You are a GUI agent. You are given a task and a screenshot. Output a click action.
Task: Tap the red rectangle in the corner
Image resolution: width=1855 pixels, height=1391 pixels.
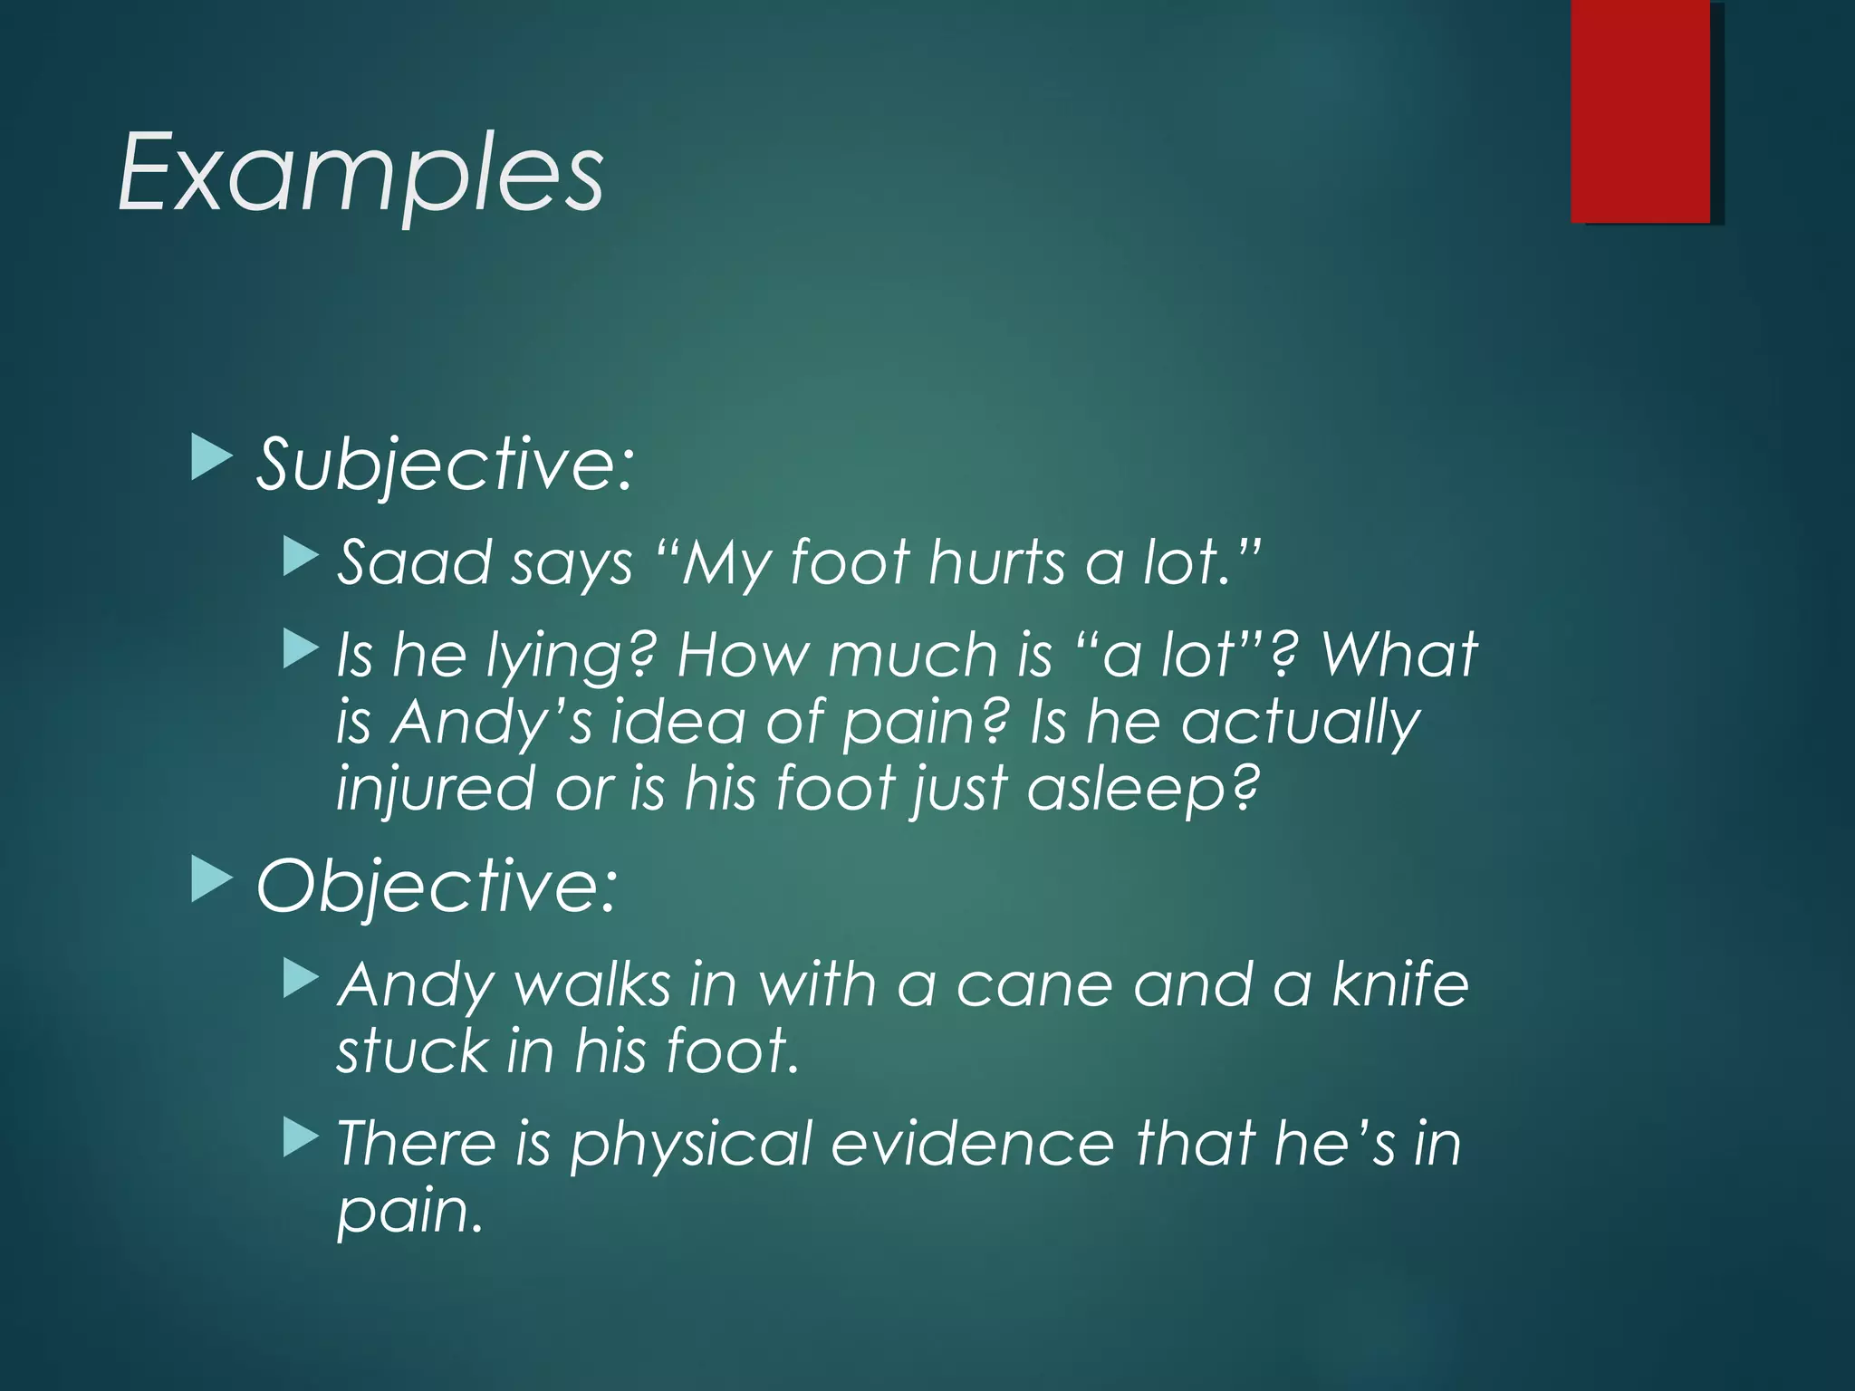pyautogui.click(x=1640, y=110)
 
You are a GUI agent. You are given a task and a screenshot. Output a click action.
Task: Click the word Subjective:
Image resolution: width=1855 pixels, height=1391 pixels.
pyautogui.click(x=444, y=465)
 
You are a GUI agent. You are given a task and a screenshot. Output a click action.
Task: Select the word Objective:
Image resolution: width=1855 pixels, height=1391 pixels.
pyautogui.click(x=437, y=886)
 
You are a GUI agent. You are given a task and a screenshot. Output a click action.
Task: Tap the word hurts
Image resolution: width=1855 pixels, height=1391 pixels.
pyautogui.click(x=997, y=563)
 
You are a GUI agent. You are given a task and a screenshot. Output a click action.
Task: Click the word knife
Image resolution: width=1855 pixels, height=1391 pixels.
pyautogui.click(x=1400, y=985)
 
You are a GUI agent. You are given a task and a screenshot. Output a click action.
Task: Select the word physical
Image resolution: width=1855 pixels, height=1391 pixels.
pyautogui.click(x=690, y=1145)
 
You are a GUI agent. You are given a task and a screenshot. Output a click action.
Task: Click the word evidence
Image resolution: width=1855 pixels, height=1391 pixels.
pyautogui.click(x=972, y=1143)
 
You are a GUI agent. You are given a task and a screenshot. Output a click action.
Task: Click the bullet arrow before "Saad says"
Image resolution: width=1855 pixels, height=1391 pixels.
pyautogui.click(x=301, y=557)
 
